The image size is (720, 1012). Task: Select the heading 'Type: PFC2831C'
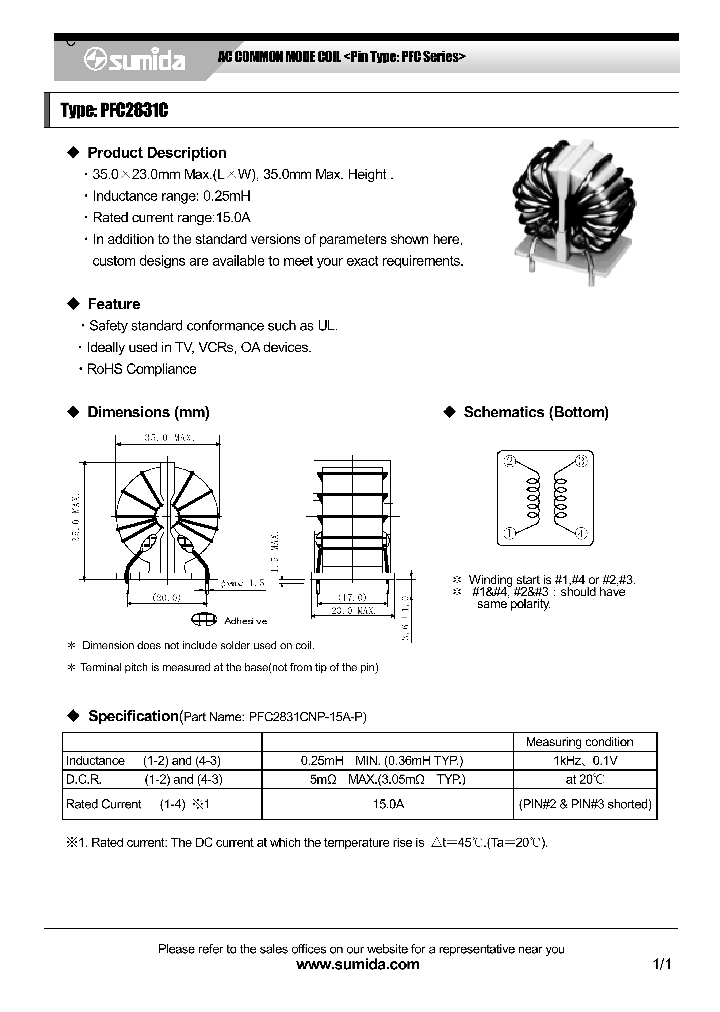pos(114,111)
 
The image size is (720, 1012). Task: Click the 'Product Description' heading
pos(156,153)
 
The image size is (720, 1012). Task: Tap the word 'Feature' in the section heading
pos(113,304)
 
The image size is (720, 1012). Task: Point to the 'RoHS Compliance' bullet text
pos(141,369)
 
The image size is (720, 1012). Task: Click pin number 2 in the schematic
pos(510,461)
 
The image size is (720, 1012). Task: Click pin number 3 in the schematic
pos(580,461)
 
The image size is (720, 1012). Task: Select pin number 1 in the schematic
pos(510,533)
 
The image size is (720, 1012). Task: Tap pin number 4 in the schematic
pos(580,533)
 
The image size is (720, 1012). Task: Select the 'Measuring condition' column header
pos(579,742)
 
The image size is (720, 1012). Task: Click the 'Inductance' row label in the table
pos(95,761)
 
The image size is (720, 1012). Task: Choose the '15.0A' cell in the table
pos(383,804)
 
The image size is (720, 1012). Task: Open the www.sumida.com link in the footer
pos(359,965)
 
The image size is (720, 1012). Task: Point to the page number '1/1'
pos(662,965)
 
